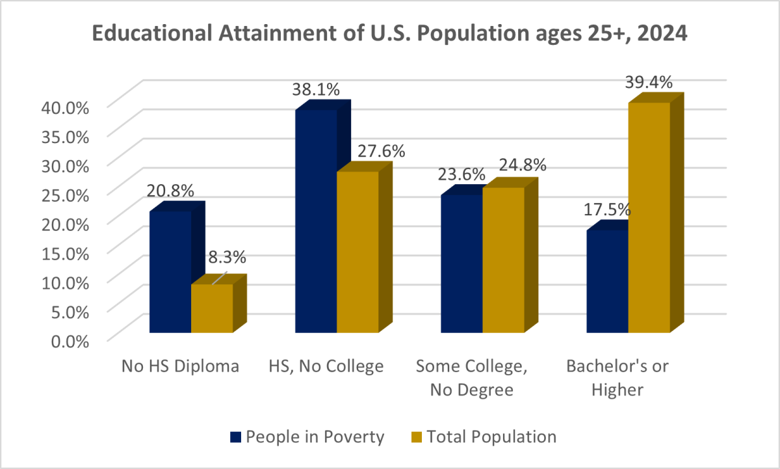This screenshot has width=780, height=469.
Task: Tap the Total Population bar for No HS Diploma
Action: coord(212,308)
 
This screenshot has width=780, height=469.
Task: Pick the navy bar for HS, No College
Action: coord(316,221)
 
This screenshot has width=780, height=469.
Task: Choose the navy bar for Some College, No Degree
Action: coord(461,263)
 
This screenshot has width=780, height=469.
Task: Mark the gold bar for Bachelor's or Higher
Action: coord(649,217)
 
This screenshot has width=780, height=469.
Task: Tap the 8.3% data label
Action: coord(227,257)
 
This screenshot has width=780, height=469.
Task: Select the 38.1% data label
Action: coord(316,90)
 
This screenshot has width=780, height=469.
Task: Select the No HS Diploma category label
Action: coord(180,366)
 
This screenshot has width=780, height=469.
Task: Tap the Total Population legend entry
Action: coord(483,436)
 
